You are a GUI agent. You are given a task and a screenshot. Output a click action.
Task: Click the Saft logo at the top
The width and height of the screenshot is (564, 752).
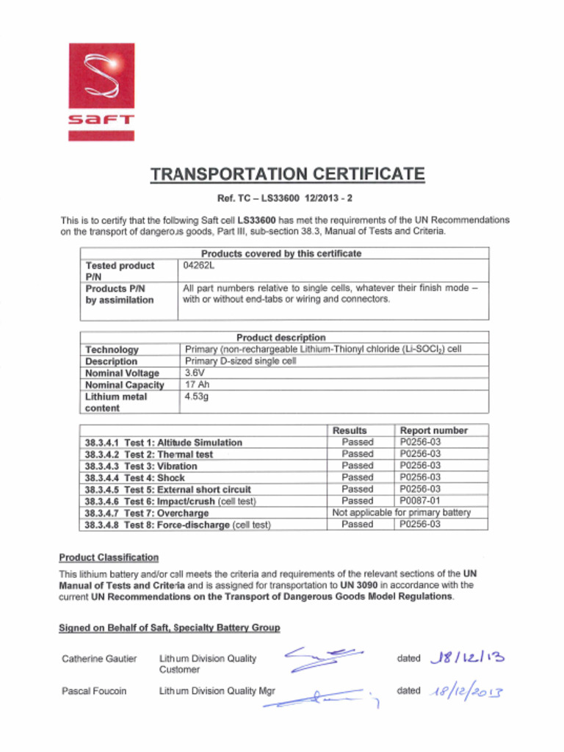101,91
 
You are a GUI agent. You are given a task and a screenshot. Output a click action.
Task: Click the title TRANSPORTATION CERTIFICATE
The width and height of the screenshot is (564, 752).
287,175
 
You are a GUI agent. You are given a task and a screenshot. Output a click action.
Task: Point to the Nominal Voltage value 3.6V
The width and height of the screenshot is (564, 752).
195,373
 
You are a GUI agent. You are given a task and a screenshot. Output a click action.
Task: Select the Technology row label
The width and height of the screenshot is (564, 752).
112,350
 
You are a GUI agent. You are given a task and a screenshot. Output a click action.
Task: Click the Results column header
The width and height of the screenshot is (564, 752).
350,430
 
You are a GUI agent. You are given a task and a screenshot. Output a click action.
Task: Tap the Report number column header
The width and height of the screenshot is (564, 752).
433,430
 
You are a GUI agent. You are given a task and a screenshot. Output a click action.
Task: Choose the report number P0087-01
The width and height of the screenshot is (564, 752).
420,501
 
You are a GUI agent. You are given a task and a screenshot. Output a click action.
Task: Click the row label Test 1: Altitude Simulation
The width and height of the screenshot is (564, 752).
164,442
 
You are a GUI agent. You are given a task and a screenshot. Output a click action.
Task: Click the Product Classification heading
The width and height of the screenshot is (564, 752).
109,557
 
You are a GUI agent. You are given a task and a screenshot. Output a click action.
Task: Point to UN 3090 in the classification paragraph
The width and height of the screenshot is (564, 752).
358,585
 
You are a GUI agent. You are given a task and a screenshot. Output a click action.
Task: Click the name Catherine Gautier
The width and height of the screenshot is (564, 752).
99,659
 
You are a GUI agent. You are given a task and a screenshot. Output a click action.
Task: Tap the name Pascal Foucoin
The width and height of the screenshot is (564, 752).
94,691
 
